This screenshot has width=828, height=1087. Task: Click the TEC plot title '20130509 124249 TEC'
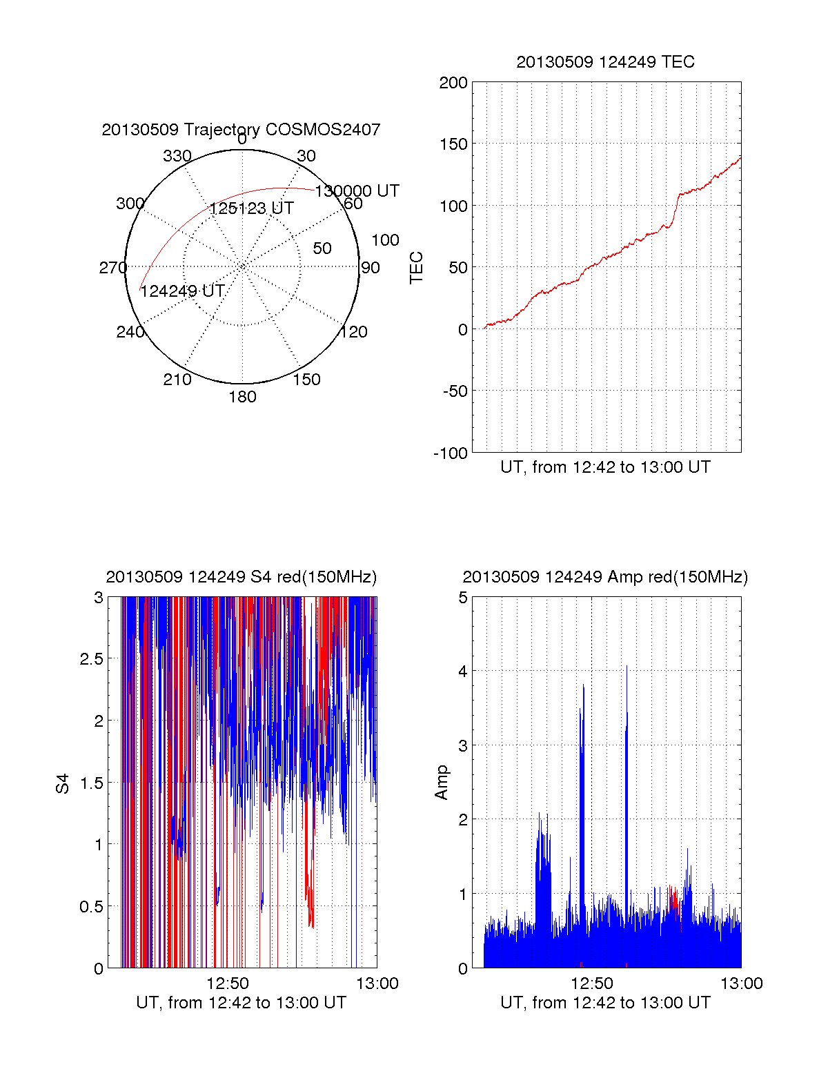pos(605,62)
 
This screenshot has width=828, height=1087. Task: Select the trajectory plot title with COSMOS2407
pos(241,130)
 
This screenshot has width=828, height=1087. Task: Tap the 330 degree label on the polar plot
pos(177,156)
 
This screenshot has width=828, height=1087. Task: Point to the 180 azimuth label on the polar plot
pos(242,397)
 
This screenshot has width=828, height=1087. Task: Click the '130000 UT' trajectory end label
pos(357,191)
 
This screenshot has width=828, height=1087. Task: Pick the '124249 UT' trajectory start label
pos(182,291)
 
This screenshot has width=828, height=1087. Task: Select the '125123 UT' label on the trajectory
pos(251,208)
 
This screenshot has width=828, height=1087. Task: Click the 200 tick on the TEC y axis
pos(453,83)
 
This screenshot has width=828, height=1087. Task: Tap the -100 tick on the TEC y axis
pos(451,453)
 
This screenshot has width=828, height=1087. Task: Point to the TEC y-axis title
pos(417,267)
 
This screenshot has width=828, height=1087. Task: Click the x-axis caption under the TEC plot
pos(605,467)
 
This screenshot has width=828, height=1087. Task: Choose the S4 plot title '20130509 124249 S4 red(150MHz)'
pos(241,577)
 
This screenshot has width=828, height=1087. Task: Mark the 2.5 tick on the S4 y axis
pos(92,659)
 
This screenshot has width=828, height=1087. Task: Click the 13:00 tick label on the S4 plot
pos(377,983)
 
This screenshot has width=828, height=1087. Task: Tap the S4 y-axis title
pos(63,783)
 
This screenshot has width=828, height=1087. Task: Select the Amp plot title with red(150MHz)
pos(605,577)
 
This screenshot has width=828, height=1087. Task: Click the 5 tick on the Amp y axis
pos(463,598)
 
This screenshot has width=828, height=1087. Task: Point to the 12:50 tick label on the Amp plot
pos(592,983)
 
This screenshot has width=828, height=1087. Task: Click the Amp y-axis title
pos(442,783)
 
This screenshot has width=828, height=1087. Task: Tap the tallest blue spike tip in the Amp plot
pos(627,667)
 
